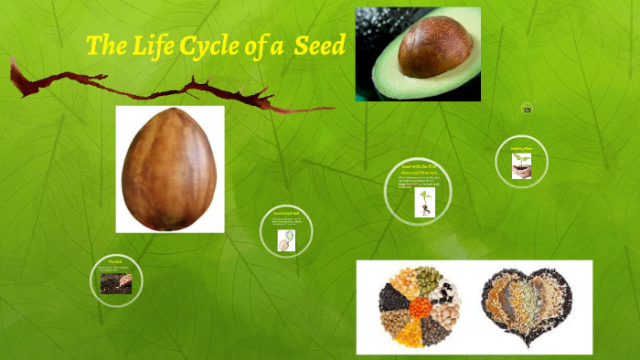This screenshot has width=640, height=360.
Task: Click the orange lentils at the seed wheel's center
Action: (421, 308)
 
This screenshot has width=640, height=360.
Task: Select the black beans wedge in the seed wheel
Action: (393, 295)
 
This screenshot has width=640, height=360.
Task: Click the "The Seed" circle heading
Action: (115, 261)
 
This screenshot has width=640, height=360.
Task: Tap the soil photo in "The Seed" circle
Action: (115, 283)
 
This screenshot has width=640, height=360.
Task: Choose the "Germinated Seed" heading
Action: (286, 213)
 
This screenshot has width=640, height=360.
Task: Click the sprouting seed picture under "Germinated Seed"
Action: (285, 239)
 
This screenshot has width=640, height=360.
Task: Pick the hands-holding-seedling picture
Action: (522, 165)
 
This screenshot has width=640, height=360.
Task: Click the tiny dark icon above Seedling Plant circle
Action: (527, 109)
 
